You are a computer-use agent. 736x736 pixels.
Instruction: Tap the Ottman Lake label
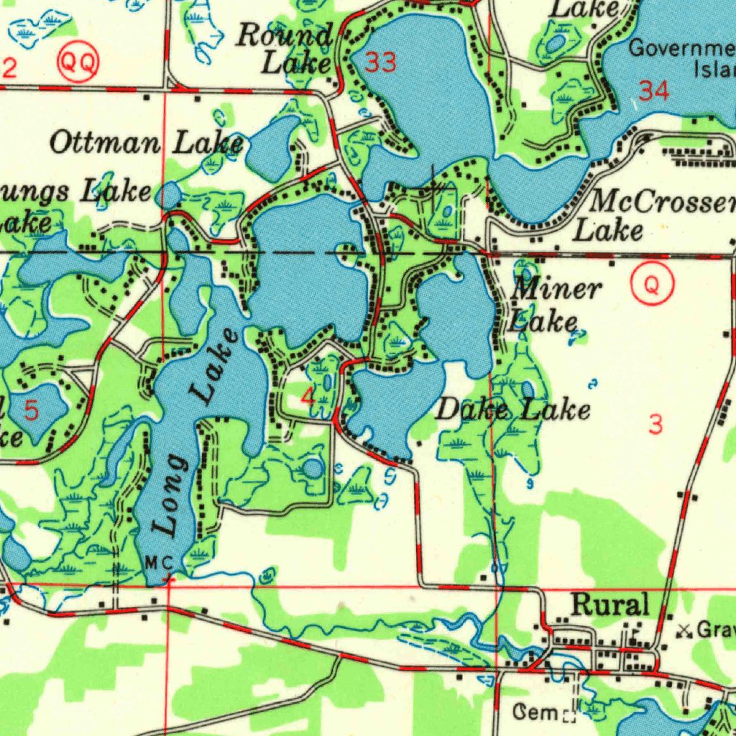click(x=147, y=143)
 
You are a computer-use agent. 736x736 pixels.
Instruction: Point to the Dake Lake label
click(x=513, y=410)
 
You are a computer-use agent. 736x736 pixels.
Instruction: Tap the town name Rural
click(x=609, y=604)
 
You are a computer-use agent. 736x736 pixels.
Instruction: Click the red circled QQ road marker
click(x=78, y=63)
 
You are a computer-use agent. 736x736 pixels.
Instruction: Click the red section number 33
click(x=380, y=63)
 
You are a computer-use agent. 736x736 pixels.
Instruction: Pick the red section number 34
click(x=653, y=91)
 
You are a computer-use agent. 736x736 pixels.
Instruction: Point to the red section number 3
click(x=655, y=425)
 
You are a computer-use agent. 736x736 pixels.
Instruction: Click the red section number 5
click(x=32, y=411)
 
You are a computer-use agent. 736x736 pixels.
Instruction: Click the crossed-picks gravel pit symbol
click(x=684, y=630)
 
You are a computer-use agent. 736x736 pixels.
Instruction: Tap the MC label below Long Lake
click(x=158, y=561)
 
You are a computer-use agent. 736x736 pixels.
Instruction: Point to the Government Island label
click(x=683, y=59)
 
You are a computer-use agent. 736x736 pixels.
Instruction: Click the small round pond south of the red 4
click(x=313, y=469)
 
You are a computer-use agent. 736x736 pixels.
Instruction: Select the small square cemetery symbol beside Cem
click(x=569, y=716)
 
